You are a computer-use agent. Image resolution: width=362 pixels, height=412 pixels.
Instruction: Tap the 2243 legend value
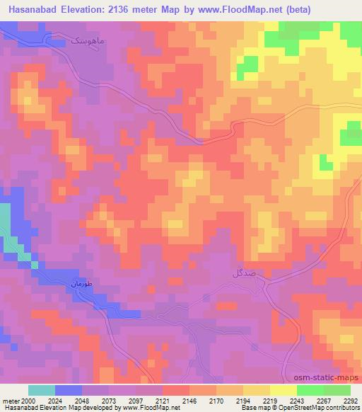(297, 400)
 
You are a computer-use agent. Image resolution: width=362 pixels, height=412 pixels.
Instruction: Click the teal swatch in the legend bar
(41, 390)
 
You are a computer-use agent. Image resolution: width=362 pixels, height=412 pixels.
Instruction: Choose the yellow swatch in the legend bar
(283, 390)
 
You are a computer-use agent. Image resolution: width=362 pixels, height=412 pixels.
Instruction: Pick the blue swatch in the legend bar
(68, 390)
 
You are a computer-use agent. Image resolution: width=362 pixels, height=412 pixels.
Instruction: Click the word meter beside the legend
(12, 400)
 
